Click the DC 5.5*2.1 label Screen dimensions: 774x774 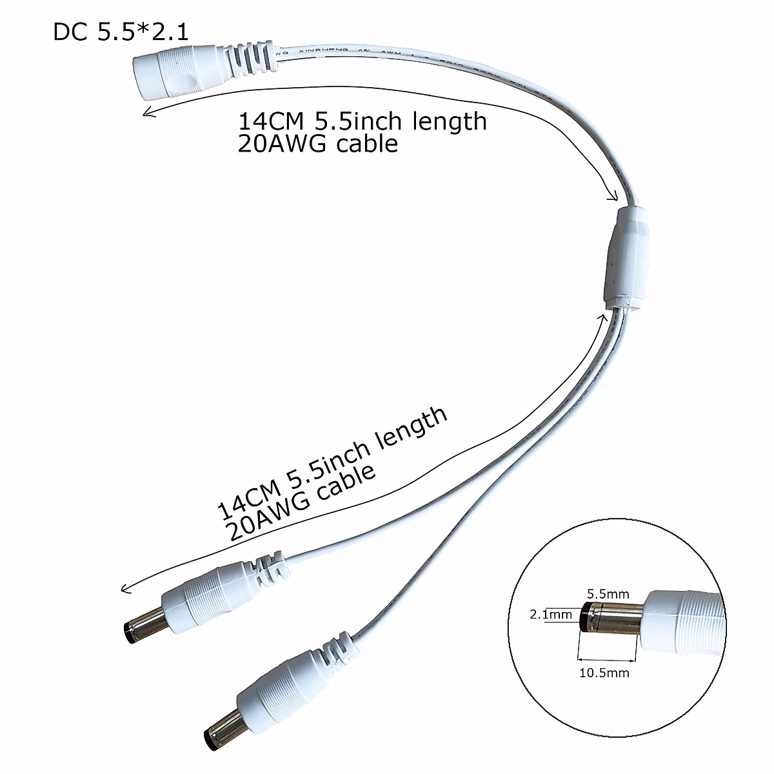121,32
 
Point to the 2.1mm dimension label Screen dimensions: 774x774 550,615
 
